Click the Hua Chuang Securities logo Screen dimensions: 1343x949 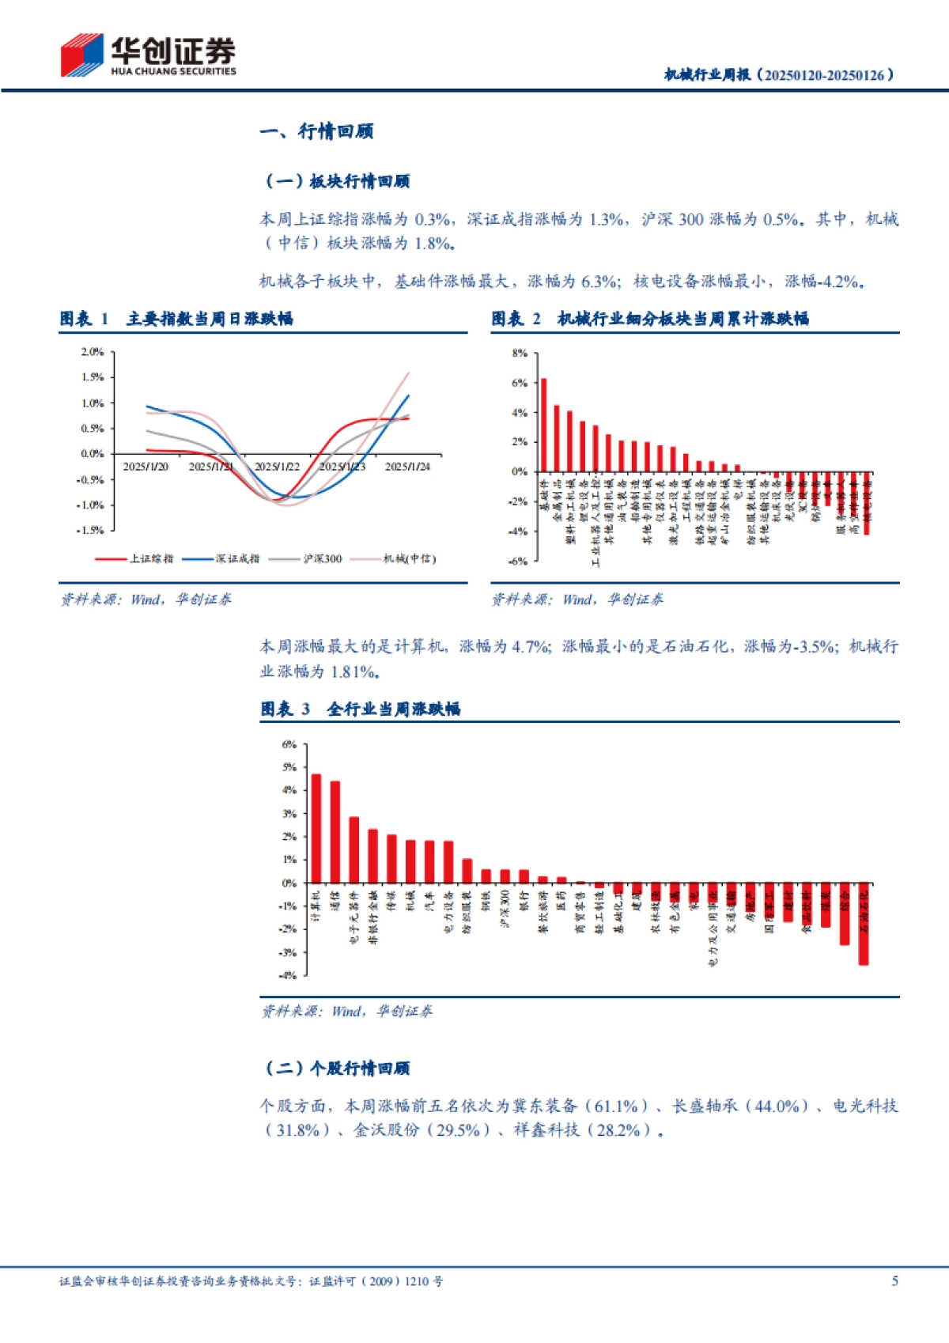148,55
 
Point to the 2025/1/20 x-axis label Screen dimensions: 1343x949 146,467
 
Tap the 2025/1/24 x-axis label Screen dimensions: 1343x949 407,467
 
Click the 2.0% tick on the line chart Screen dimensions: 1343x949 93,352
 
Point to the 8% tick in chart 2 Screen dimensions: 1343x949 520,354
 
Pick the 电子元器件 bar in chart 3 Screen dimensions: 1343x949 354,849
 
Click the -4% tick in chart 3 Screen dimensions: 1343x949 289,975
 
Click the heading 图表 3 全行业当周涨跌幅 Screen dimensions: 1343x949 361,709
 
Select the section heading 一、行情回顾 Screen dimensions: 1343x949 316,131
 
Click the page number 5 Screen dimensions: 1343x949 894,1281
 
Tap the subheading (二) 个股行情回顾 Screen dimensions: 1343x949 337,1069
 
